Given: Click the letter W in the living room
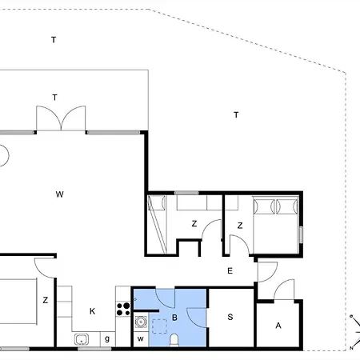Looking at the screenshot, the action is pos(60,194).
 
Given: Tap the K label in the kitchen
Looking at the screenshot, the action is pos(92,311).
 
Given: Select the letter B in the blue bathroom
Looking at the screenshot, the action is pos(174,318).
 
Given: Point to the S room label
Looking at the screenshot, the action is pos(230,317).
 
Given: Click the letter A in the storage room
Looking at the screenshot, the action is pos(278,326).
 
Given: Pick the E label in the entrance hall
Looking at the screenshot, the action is pos(230,271).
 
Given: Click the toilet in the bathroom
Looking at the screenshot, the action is pos(174,340).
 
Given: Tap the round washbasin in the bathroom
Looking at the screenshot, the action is pos(141,322).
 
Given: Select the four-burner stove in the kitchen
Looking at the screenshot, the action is pos(123,309).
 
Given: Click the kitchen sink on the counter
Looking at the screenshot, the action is pos(82,339).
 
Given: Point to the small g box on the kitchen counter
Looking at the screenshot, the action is pos(107,339).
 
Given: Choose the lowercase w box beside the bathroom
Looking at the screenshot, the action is pos(141,339).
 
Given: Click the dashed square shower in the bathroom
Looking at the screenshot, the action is pos(159,326).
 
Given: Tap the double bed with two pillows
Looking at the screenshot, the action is pos(276,225).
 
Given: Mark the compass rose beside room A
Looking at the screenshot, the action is pos(355,332).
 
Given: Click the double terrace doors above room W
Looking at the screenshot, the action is pos(61,118).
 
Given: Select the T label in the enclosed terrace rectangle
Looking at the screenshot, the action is pos(54,98).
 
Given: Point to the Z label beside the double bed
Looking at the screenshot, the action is pos(240,226).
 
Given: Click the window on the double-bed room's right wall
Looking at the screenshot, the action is pos(301,234).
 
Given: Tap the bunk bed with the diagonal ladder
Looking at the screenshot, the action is pos(157,225).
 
